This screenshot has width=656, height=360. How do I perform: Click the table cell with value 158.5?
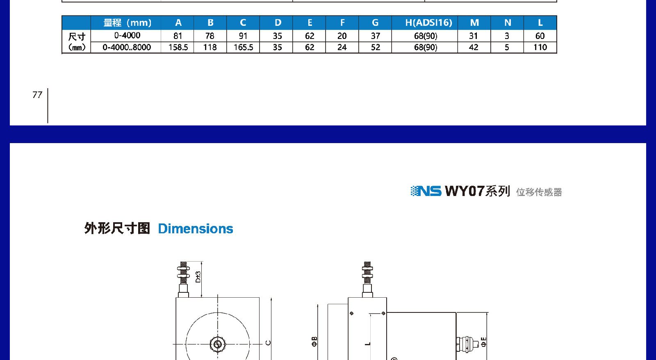click(178, 48)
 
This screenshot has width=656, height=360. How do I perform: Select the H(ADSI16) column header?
click(428, 23)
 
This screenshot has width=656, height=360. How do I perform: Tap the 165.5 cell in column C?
click(243, 48)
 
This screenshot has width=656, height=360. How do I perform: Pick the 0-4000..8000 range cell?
click(127, 48)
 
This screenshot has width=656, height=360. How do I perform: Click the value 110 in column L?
click(540, 48)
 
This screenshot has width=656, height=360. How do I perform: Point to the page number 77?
click(37, 95)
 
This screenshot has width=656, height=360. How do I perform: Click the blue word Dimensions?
click(195, 229)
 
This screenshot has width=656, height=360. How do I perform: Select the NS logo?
click(426, 191)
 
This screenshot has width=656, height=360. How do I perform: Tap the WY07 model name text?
click(465, 191)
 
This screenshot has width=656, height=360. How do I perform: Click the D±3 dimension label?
click(198, 277)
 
